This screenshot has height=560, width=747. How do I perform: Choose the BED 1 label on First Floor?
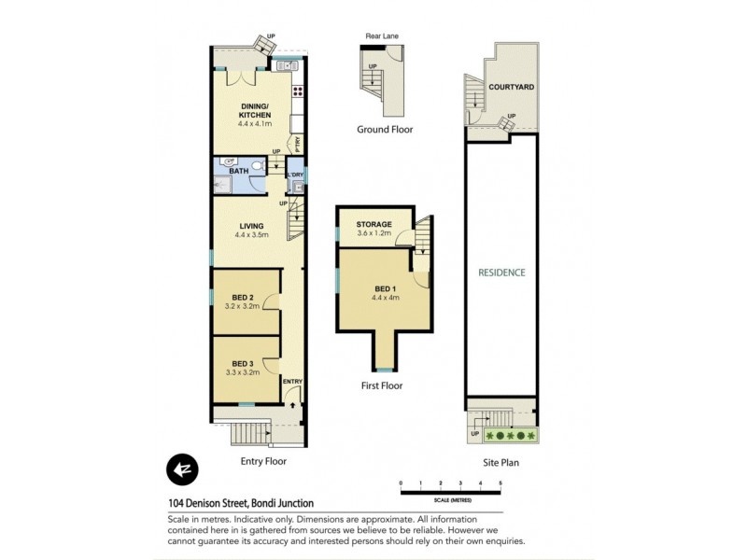click(x=386, y=288)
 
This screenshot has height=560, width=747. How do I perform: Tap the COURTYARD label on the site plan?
click(x=511, y=87)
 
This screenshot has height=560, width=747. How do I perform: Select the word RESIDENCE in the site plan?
click(x=501, y=273)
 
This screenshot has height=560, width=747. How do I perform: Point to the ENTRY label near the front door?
click(x=292, y=381)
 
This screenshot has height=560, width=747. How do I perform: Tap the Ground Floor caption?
click(x=384, y=130)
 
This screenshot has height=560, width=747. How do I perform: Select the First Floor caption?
click(x=381, y=385)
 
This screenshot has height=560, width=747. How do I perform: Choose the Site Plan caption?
click(x=500, y=461)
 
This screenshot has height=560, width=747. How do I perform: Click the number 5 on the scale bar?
click(x=500, y=483)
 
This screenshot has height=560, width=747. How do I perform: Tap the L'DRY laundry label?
click(x=295, y=175)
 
